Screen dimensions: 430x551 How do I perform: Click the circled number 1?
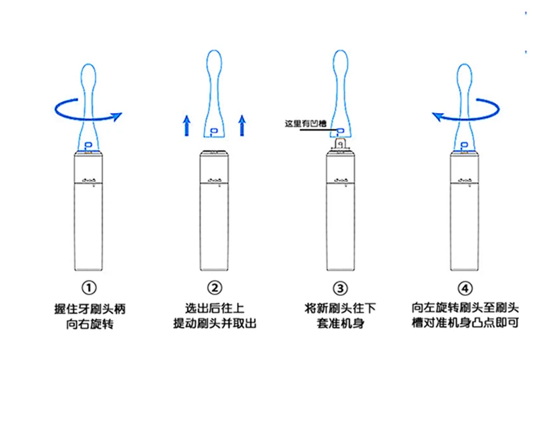click(89, 288)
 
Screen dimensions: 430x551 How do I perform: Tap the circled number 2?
click(214, 288)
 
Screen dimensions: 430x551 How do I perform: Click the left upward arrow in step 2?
click(186, 126)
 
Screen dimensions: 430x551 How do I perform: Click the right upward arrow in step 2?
click(242, 126)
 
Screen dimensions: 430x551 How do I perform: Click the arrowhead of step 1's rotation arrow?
click(116, 115)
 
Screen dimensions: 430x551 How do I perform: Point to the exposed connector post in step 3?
click(340, 144)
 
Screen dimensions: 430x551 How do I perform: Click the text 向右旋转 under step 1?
click(89, 325)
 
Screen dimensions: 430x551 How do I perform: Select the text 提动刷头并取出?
click(214, 325)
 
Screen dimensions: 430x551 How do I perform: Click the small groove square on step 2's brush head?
click(214, 131)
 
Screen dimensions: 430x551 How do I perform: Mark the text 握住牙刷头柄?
click(89, 308)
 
